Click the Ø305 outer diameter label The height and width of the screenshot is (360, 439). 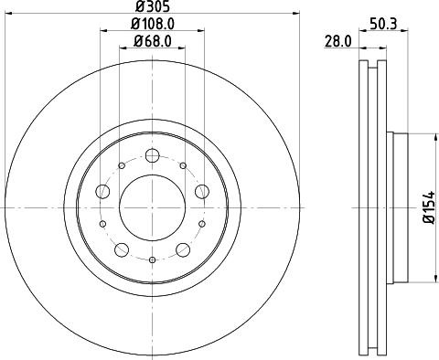[151, 6]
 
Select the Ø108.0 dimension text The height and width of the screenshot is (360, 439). [151, 23]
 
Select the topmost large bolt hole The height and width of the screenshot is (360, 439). [152, 149]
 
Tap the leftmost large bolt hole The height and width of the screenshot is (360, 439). [102, 191]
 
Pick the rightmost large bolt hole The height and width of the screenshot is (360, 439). [201, 191]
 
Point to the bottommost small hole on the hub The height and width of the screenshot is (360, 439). [152, 260]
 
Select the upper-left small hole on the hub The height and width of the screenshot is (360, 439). [121, 165]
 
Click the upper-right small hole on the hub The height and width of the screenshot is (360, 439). [183, 165]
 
